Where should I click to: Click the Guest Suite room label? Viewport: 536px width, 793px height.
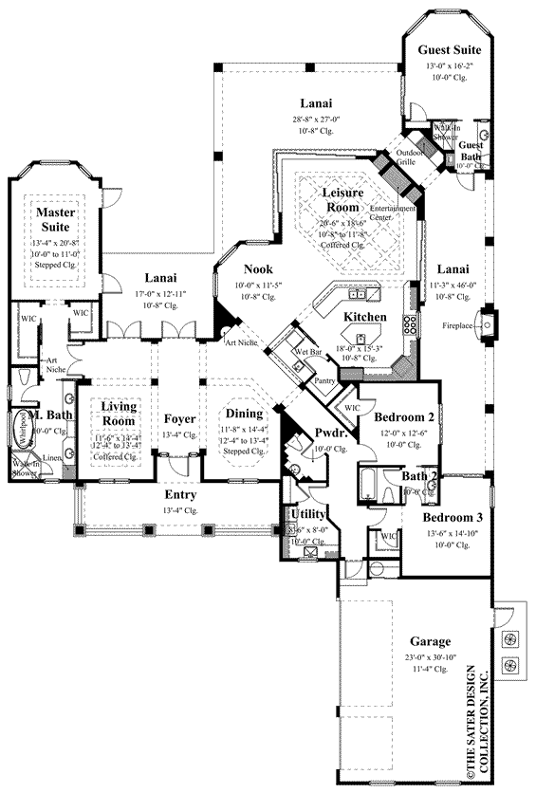coord(451,50)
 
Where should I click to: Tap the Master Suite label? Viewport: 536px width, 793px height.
coord(56,220)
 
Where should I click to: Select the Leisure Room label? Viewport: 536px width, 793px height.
coord(336,200)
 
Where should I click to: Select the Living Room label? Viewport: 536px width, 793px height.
coord(120,414)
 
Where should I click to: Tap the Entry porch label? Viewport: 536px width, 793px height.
coord(179,495)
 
